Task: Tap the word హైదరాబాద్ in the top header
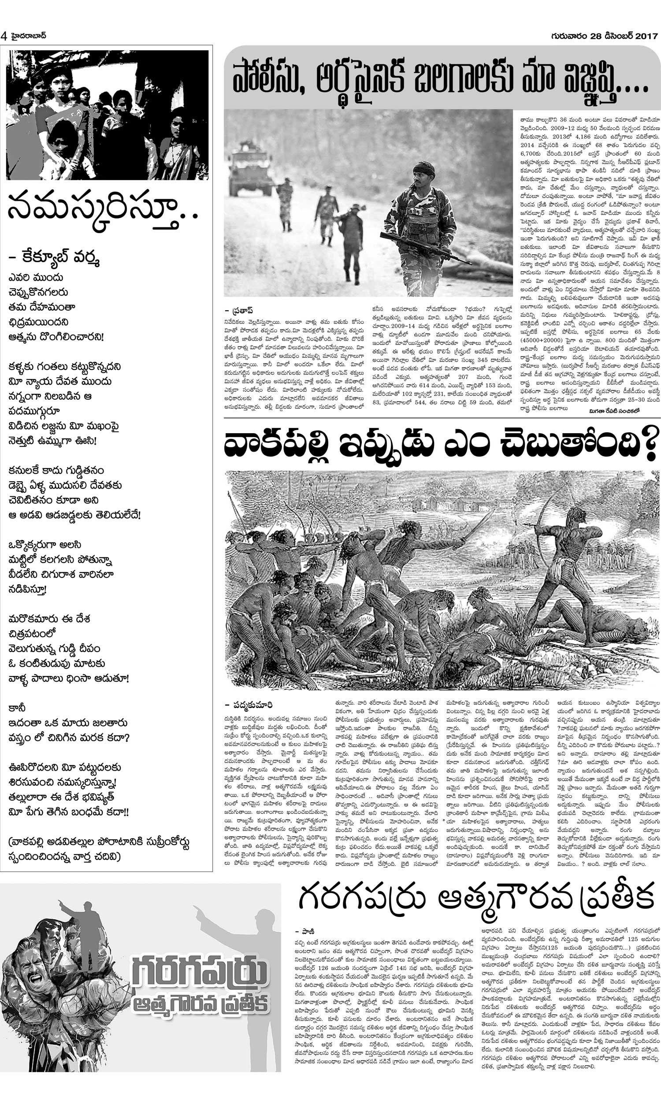[x=28, y=36]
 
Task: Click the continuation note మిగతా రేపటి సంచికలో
[x=613, y=412]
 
